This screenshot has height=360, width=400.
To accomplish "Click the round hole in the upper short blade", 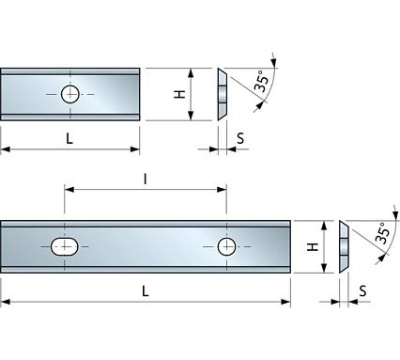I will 70,93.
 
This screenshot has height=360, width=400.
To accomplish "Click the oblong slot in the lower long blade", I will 64,247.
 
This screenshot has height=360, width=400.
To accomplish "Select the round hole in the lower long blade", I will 226,246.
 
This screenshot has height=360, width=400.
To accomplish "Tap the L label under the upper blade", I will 70,137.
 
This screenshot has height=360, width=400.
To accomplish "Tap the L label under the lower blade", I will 145,290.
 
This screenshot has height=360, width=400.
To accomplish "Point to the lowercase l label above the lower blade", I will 145,177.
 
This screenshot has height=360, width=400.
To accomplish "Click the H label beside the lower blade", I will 315,247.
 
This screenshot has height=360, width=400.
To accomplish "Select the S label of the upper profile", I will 240,138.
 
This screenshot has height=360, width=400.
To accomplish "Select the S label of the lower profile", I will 362,291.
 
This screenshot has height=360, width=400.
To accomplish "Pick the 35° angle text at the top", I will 264,81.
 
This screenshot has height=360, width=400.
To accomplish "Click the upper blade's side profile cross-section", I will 222,94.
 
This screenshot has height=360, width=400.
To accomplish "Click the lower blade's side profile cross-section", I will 343,247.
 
